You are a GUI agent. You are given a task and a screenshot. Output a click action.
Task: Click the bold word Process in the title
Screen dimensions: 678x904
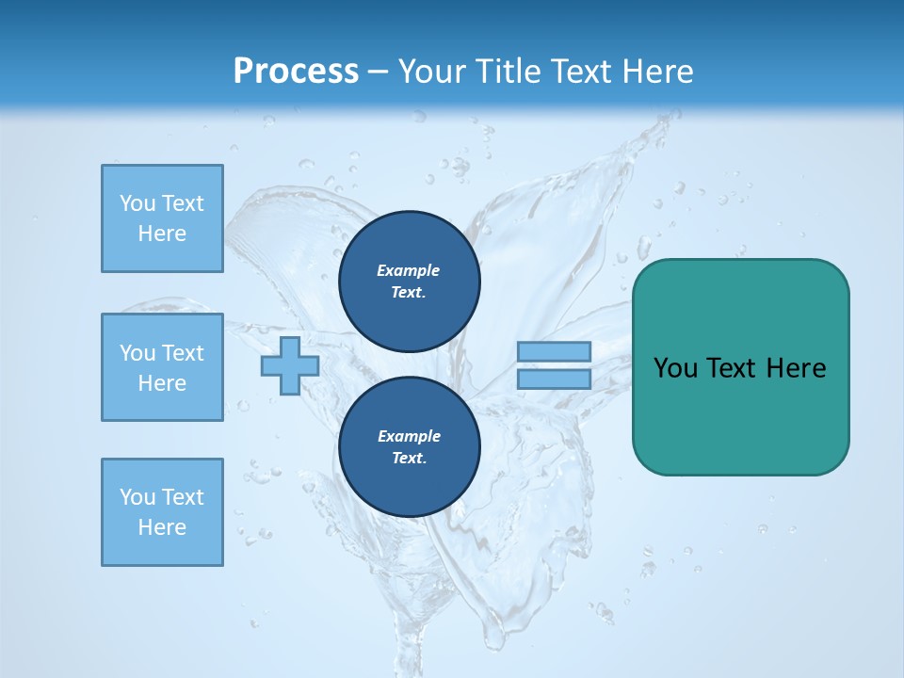(296, 72)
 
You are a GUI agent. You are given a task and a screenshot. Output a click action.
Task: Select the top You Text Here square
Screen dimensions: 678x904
(162, 218)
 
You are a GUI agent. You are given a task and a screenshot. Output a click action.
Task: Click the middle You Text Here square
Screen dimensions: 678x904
(162, 367)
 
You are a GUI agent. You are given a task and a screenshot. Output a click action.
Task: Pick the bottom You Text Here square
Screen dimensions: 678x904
(162, 512)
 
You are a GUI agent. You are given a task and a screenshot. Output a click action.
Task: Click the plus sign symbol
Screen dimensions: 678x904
(290, 366)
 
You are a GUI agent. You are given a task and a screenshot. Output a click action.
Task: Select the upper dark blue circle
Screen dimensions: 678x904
(409, 281)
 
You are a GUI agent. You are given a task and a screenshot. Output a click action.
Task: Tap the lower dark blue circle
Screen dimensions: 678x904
(409, 446)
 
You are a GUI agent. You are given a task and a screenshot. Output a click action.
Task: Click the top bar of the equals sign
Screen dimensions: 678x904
(554, 352)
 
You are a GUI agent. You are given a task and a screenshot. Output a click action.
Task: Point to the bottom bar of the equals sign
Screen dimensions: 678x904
(554, 379)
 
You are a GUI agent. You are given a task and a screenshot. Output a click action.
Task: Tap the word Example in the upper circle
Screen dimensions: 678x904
(409, 270)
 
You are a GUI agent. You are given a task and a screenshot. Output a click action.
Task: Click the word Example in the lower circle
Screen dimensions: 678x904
(409, 436)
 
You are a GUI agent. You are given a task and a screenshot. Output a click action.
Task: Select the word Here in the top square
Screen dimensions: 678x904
(162, 234)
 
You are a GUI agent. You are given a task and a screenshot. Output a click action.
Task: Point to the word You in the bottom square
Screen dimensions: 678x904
(137, 497)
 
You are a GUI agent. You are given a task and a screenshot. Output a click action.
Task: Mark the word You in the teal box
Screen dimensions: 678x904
(674, 368)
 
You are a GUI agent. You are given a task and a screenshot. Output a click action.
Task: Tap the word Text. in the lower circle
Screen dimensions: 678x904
(409, 459)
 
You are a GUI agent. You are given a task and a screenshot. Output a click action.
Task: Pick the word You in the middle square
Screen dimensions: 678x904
(137, 353)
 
